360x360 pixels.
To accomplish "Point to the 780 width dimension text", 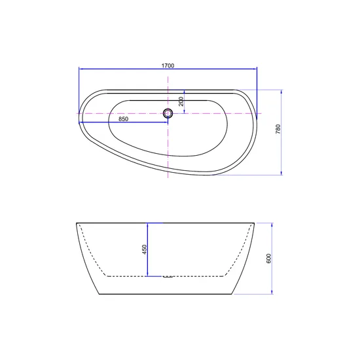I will click(x=278, y=129).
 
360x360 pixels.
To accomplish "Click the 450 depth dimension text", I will click(x=144, y=249).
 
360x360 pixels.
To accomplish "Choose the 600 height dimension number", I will click(x=268, y=259).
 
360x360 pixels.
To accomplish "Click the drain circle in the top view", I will click(x=168, y=114).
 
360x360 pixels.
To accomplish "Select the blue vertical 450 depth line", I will click(x=149, y=249).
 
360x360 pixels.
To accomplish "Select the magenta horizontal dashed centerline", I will click(x=216, y=114).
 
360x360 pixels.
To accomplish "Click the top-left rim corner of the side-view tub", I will click(x=77, y=223).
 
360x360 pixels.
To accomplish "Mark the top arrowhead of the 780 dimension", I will click(x=281, y=92).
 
